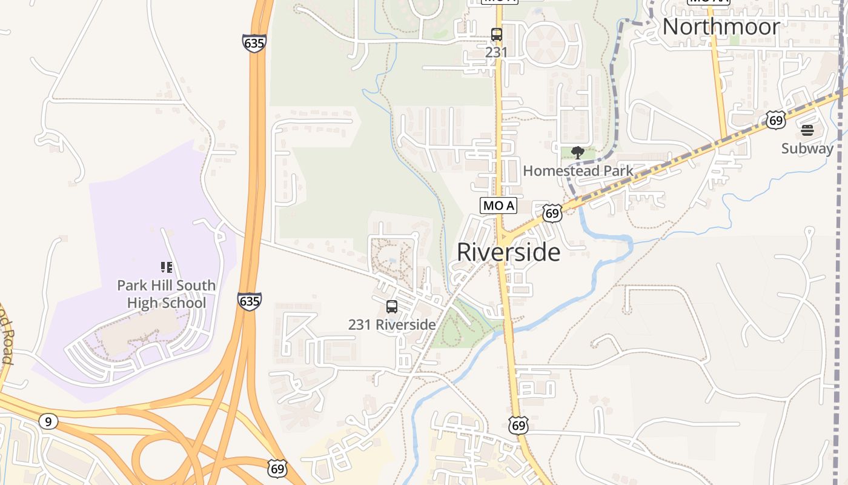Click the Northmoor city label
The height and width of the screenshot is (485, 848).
(721, 27)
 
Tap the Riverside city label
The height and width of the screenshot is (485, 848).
(508, 252)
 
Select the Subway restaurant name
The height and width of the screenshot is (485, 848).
(807, 149)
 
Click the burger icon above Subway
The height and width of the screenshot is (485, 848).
(807, 130)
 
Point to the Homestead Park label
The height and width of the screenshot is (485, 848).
(578, 171)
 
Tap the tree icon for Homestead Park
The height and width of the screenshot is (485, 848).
(577, 153)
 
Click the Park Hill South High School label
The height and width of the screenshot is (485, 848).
(166, 294)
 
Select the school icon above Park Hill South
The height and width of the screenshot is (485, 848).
(166, 267)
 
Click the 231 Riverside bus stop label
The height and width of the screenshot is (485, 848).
(392, 325)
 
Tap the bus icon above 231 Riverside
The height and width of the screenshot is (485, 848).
(392, 307)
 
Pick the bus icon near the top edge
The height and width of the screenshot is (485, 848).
(496, 35)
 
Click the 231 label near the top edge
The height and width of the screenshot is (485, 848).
(496, 52)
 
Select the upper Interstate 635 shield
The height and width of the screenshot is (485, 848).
(254, 43)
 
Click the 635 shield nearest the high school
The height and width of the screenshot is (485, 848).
(250, 301)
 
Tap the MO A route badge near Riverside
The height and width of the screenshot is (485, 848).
(499, 206)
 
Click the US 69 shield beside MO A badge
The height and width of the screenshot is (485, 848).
(552, 213)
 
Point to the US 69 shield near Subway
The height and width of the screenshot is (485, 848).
(775, 119)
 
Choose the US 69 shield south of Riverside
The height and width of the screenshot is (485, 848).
(518, 425)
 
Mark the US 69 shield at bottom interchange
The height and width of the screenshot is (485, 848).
(277, 468)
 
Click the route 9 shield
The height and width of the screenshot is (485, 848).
(48, 421)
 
